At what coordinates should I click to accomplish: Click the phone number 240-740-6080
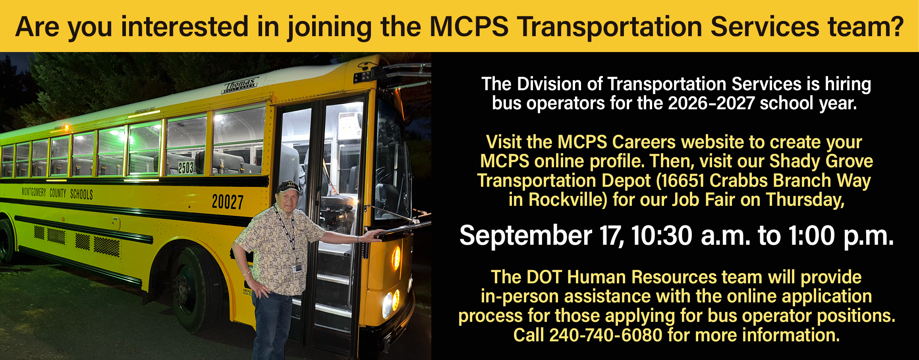click(x=606, y=335)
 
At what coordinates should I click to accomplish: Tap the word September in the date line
click(x=525, y=236)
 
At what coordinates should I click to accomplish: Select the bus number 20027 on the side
click(x=228, y=201)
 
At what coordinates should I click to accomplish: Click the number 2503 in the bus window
click(x=185, y=168)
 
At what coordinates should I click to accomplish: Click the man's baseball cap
click(x=289, y=187)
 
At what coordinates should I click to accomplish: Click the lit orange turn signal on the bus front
click(x=396, y=257)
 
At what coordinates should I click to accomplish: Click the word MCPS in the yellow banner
click(x=469, y=27)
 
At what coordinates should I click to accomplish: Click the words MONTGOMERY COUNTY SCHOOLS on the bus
click(x=57, y=193)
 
